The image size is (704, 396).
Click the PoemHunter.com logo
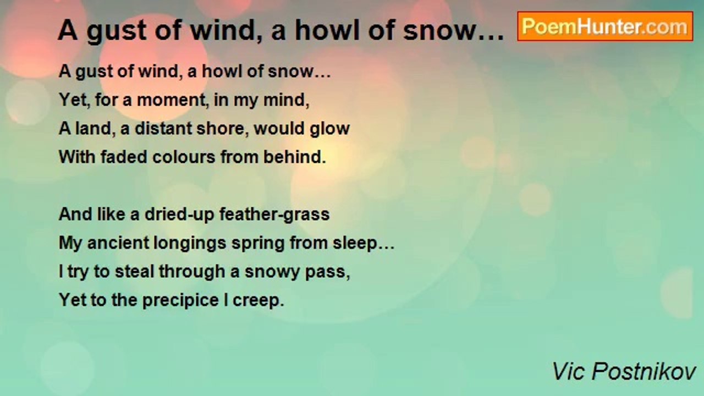pos(604,26)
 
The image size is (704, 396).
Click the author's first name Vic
pos(569,372)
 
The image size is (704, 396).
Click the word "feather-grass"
pos(274,215)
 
